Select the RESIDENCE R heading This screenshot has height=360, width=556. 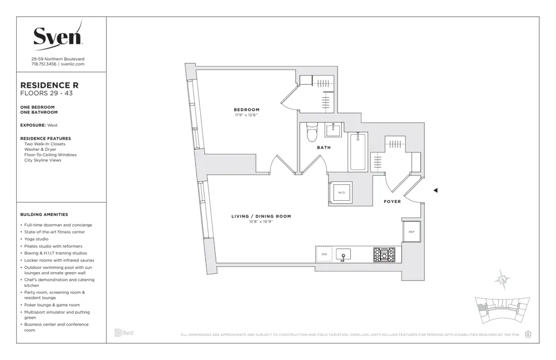(x=49, y=85)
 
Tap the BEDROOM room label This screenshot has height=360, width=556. (x=246, y=110)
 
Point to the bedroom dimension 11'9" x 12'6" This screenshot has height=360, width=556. (x=246, y=115)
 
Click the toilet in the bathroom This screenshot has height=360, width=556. (x=312, y=132)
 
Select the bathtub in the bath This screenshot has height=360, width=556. (x=358, y=151)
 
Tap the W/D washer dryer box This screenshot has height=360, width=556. (x=341, y=193)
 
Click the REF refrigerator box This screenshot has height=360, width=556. (x=411, y=231)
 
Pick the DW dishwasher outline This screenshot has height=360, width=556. (x=324, y=254)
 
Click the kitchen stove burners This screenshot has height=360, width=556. (x=384, y=254)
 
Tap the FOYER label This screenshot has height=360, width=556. (x=392, y=201)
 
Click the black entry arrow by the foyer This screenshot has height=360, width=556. (x=435, y=190)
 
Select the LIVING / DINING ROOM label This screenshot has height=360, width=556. (x=261, y=216)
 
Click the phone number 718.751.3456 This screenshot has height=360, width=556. (x=44, y=64)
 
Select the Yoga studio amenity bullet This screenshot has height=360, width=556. (x=36, y=239)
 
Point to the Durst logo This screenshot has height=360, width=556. (x=123, y=333)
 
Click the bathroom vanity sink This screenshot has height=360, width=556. (x=334, y=131)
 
